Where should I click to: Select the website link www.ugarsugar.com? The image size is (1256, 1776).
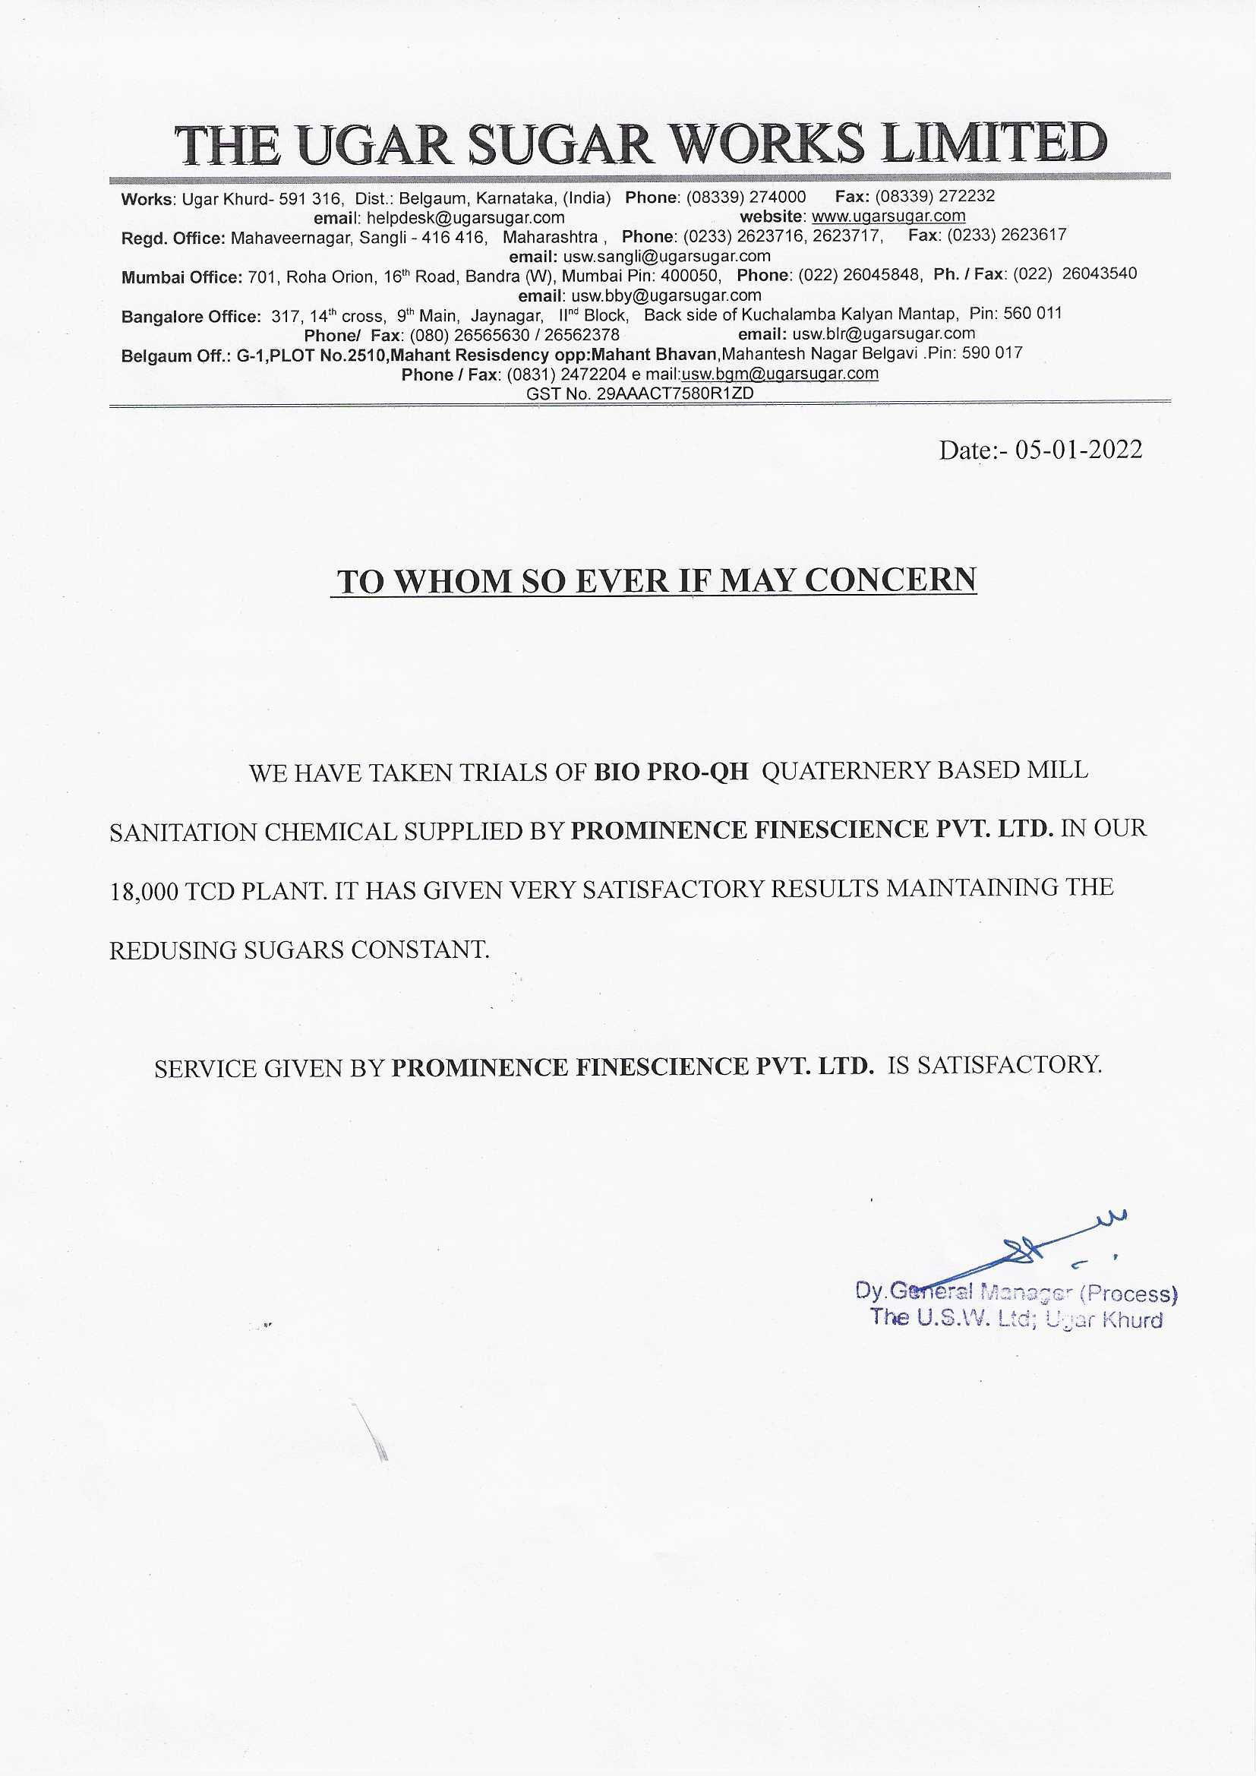pos(888,216)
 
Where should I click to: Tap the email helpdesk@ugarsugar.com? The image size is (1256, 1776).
pos(465,218)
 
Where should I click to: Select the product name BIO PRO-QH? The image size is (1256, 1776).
pos(671,772)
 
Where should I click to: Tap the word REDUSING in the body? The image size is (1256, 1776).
pos(173,950)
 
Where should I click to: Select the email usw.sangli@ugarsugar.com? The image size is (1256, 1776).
pos(666,256)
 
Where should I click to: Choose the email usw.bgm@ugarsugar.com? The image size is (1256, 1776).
pos(780,374)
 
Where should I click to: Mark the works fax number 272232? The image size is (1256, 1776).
pos(966,197)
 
